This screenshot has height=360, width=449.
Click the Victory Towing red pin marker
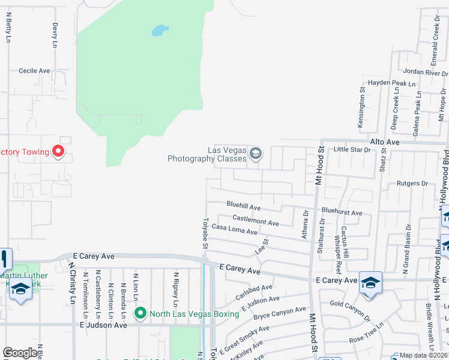coord(58,151)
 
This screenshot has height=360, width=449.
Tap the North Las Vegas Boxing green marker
coord(140,313)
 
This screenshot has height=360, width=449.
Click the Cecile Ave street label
coord(34,71)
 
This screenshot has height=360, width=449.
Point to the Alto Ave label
coord(385,142)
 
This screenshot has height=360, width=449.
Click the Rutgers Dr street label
coord(412,184)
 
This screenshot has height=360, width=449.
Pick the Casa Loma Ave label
coord(234,230)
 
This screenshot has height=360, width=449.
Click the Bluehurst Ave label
coord(342,212)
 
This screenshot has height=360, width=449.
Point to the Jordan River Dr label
coord(426,72)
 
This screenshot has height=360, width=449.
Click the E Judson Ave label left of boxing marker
coord(103,325)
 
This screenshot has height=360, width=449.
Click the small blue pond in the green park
coord(160,30)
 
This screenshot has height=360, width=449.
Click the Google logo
coord(20,353)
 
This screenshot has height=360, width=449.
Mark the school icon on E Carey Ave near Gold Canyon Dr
coord(370,282)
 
